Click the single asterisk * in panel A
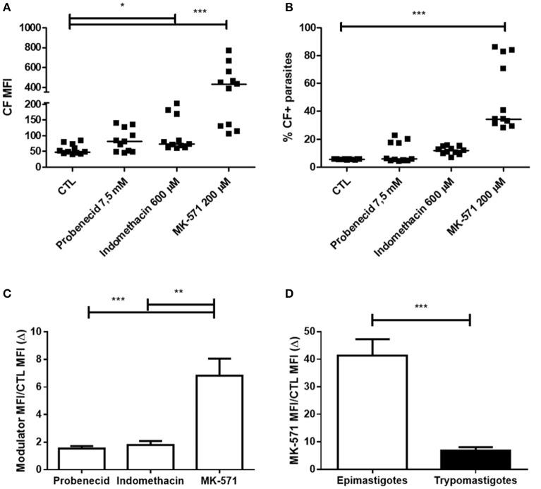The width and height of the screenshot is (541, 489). (x=123, y=6)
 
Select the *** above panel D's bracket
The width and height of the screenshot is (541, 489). (x=420, y=308)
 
